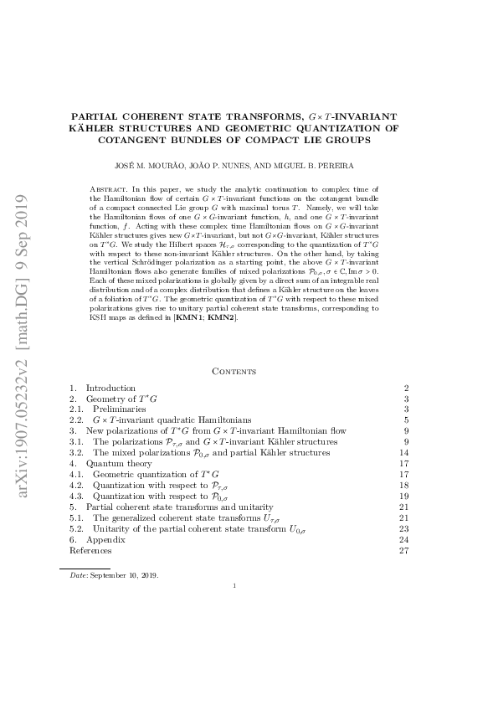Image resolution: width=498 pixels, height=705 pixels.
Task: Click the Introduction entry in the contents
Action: coord(110,389)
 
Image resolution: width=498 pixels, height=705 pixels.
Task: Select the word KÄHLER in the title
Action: coord(95,128)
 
